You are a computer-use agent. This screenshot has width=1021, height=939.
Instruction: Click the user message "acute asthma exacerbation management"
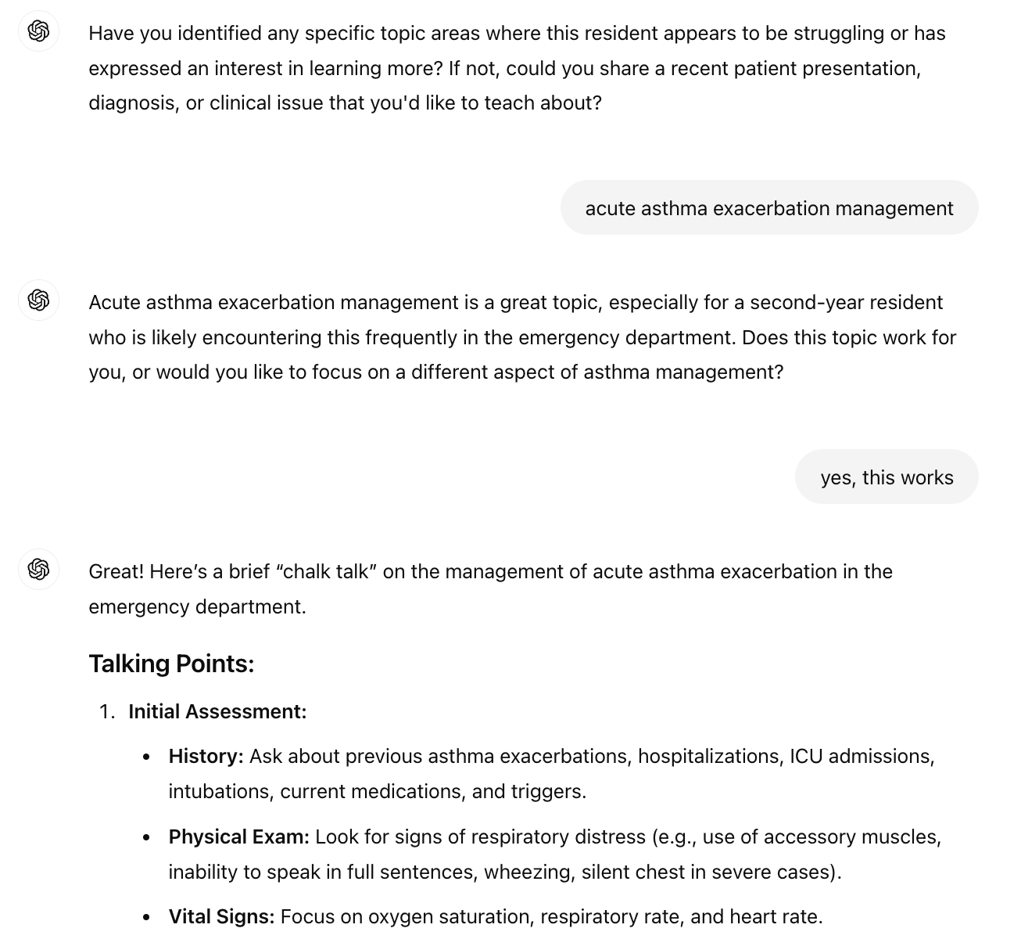(769, 208)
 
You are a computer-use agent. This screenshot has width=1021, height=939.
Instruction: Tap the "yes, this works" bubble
(887, 477)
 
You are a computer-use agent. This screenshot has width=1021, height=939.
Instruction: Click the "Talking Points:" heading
(171, 664)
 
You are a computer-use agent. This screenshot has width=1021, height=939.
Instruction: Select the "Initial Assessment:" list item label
(217, 711)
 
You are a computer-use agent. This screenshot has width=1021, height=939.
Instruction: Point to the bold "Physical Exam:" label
(239, 836)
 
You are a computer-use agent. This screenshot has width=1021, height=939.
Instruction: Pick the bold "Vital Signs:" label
(221, 916)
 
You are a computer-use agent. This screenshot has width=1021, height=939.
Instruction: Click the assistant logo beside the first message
(38, 31)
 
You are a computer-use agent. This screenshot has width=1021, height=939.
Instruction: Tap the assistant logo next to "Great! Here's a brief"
(38, 569)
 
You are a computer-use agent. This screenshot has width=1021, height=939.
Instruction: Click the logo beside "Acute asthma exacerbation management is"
(38, 300)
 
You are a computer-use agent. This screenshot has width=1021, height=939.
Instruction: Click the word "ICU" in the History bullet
(805, 756)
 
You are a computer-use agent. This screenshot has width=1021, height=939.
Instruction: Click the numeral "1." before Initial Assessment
(108, 711)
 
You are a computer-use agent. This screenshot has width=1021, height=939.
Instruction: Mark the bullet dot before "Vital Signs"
(147, 917)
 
